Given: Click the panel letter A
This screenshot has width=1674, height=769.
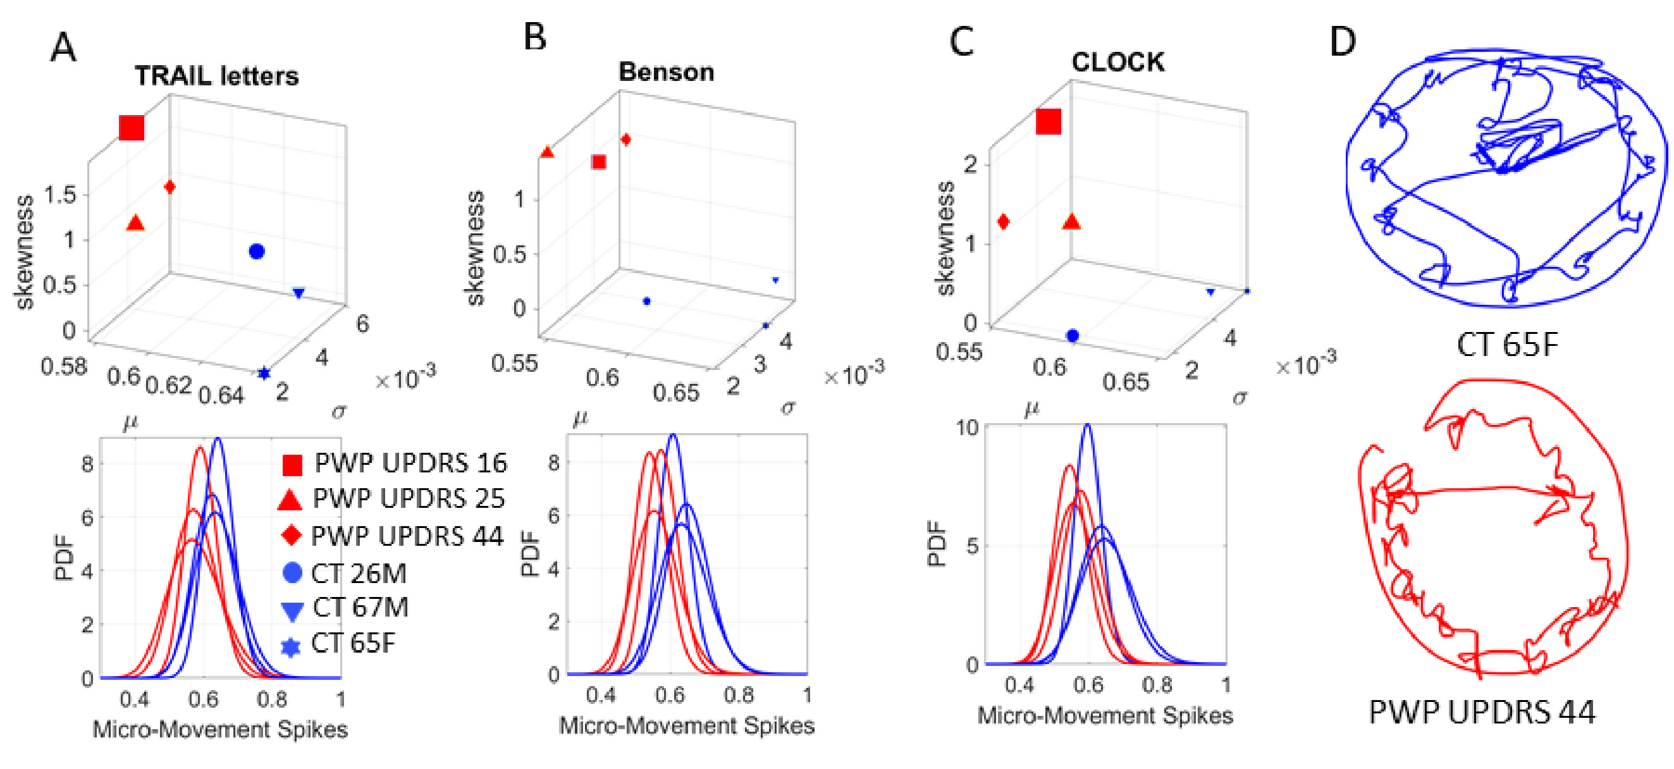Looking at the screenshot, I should tap(63, 48).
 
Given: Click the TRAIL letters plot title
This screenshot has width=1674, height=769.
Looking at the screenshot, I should tap(216, 76).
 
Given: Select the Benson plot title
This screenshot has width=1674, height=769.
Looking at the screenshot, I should tap(666, 71).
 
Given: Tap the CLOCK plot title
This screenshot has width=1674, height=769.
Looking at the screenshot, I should tap(1117, 62).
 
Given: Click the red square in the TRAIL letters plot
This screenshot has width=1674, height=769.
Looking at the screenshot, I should tap(132, 127).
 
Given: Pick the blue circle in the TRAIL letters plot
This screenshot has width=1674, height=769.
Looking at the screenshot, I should tap(257, 252).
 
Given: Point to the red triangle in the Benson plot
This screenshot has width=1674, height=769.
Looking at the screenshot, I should tap(547, 152).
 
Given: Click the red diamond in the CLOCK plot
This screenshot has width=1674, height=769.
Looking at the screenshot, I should tap(1004, 222).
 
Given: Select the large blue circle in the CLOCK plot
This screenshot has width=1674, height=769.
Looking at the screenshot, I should tap(1072, 335).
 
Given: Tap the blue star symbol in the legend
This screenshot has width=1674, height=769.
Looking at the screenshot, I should tap(291, 647).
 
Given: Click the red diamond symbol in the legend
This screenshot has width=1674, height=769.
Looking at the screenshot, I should tap(292, 536).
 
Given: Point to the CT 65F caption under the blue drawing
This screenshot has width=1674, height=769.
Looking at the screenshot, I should tap(1507, 345).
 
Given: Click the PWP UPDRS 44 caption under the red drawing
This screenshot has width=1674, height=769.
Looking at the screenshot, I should tap(1482, 713).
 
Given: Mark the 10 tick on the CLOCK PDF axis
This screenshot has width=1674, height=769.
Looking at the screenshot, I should tap(967, 428).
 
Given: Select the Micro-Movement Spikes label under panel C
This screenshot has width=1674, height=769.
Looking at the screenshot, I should tap(1105, 716).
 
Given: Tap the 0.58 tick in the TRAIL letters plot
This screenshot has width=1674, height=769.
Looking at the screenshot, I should tap(64, 367).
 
